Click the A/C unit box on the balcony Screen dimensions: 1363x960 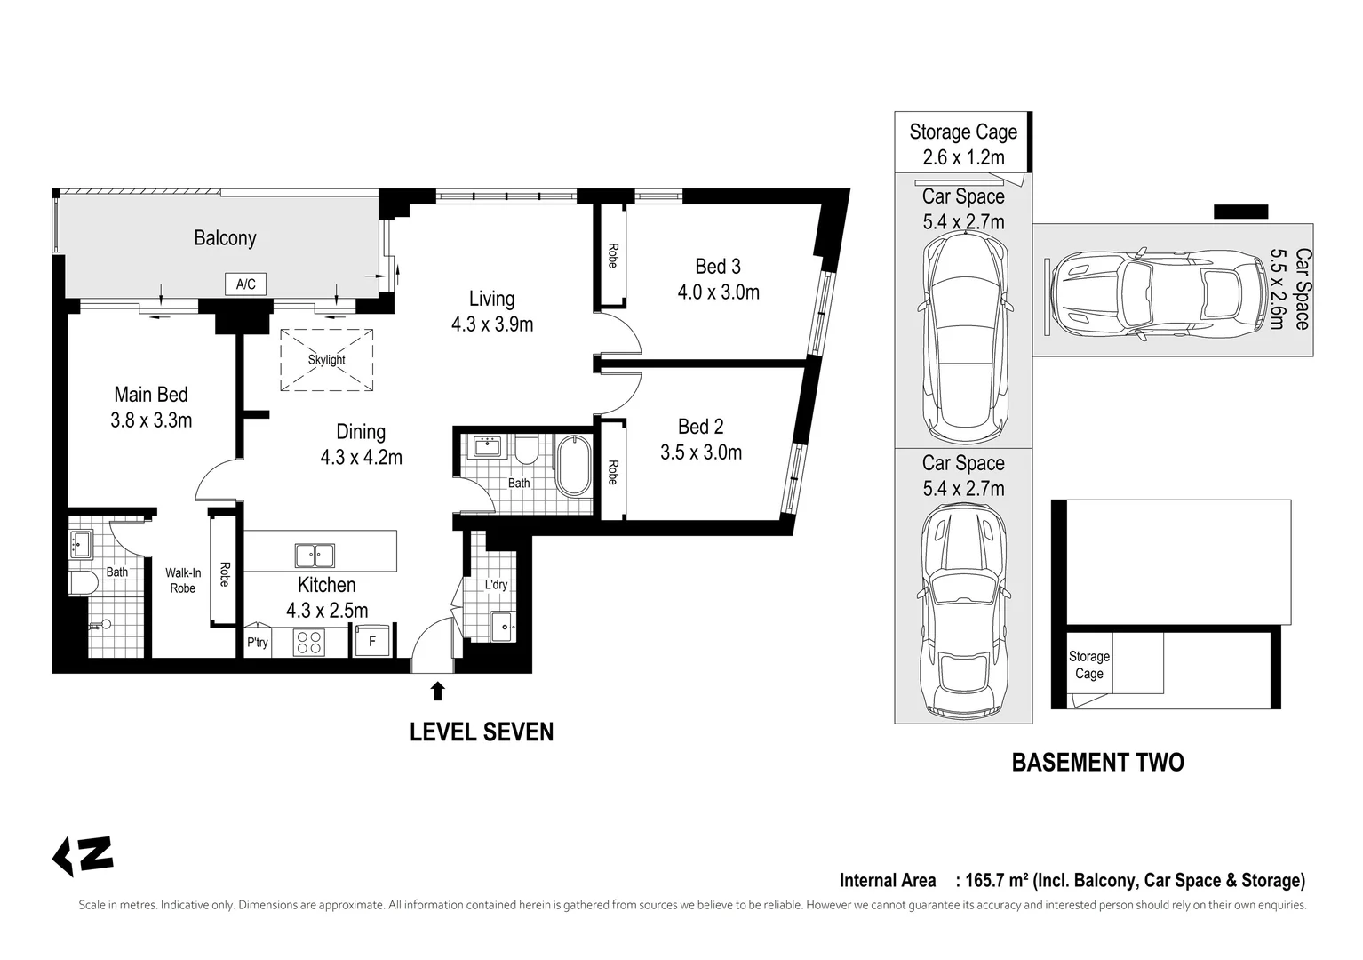tap(245, 284)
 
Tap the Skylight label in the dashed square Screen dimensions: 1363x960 tap(326, 360)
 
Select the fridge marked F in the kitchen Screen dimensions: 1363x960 tap(371, 640)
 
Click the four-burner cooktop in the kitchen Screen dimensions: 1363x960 tap(309, 643)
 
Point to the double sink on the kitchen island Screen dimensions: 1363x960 tap(315, 556)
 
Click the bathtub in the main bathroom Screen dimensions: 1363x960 tap(573, 465)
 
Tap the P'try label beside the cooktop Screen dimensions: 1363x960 tap(258, 643)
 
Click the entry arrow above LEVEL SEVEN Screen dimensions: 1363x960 tap(437, 691)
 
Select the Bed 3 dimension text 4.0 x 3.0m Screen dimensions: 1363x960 tap(719, 292)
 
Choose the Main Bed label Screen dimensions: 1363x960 tap(151, 395)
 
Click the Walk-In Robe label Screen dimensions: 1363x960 tap(182, 580)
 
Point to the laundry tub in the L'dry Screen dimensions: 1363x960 tap(503, 627)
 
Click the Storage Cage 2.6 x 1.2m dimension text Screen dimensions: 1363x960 tap(963, 157)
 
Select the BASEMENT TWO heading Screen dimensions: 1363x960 tap(1097, 762)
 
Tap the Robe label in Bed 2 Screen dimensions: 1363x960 tap(613, 472)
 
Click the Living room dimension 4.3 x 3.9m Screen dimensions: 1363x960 tap(492, 324)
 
